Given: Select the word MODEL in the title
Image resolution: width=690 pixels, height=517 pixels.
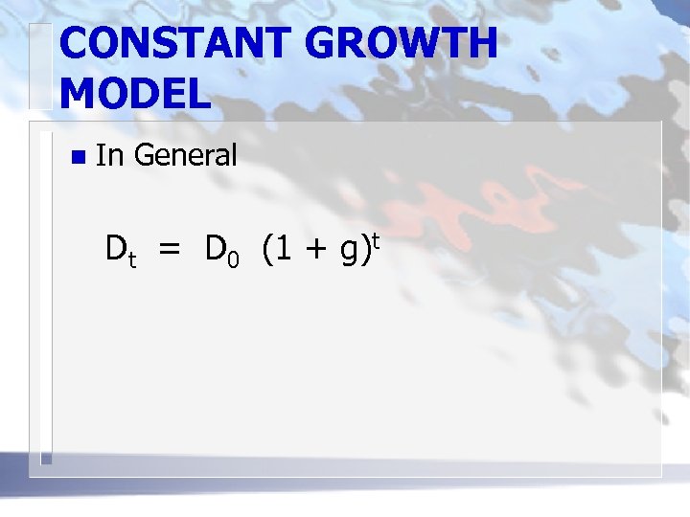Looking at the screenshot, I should [x=134, y=93].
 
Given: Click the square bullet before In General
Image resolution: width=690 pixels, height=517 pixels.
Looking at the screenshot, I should [x=77, y=156].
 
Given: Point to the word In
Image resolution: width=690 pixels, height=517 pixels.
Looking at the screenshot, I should [x=110, y=153].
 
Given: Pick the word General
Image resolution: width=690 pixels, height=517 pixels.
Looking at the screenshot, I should [x=186, y=153].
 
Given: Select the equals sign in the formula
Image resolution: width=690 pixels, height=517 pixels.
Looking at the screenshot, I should [x=170, y=251].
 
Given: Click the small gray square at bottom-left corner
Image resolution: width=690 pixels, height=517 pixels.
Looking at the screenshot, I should [x=45, y=460].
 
